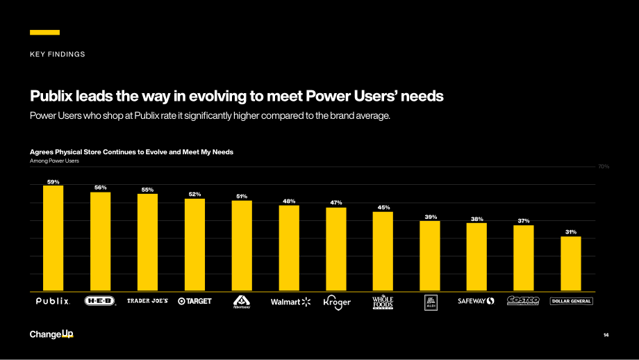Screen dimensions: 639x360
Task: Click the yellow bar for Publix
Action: click(53, 238)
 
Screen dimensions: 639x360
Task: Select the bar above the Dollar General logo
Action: click(570, 264)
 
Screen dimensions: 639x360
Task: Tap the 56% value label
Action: click(100, 188)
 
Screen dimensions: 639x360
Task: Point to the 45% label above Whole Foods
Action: click(383, 207)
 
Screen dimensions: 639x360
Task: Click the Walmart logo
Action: click(290, 302)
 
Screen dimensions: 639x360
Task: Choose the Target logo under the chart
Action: click(194, 301)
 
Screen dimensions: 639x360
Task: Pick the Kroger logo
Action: click(337, 302)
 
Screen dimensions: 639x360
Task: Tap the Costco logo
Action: click(523, 300)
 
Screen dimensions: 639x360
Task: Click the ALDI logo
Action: click(431, 302)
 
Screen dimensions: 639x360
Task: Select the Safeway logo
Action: click(476, 301)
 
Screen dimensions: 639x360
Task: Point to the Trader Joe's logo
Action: click(147, 301)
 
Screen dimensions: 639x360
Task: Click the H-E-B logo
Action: click(100, 301)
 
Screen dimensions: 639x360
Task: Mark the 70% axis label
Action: click(604, 166)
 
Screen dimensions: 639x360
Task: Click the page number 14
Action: click(606, 335)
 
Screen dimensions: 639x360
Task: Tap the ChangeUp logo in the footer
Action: click(51, 334)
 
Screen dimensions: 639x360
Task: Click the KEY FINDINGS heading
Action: click(58, 54)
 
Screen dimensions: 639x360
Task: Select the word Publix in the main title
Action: click(51, 96)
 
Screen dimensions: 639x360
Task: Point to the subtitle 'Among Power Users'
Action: click(54, 161)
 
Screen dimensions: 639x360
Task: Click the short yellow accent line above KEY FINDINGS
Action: click(45, 32)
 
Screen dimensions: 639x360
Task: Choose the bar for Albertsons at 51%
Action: click(242, 246)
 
